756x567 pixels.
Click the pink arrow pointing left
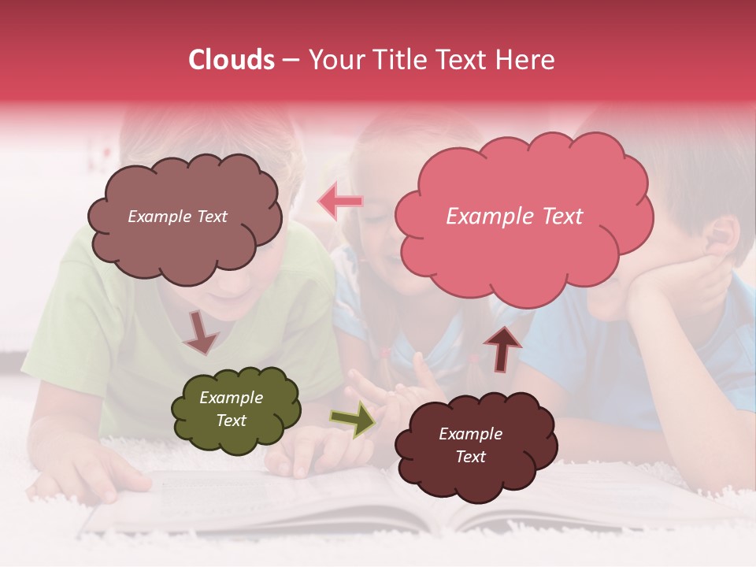341,202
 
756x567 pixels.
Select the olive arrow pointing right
352,420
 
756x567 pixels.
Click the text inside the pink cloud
514,217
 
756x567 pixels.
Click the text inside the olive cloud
231,409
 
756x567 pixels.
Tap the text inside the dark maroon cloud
470,445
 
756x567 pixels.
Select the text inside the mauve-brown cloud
177,217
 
